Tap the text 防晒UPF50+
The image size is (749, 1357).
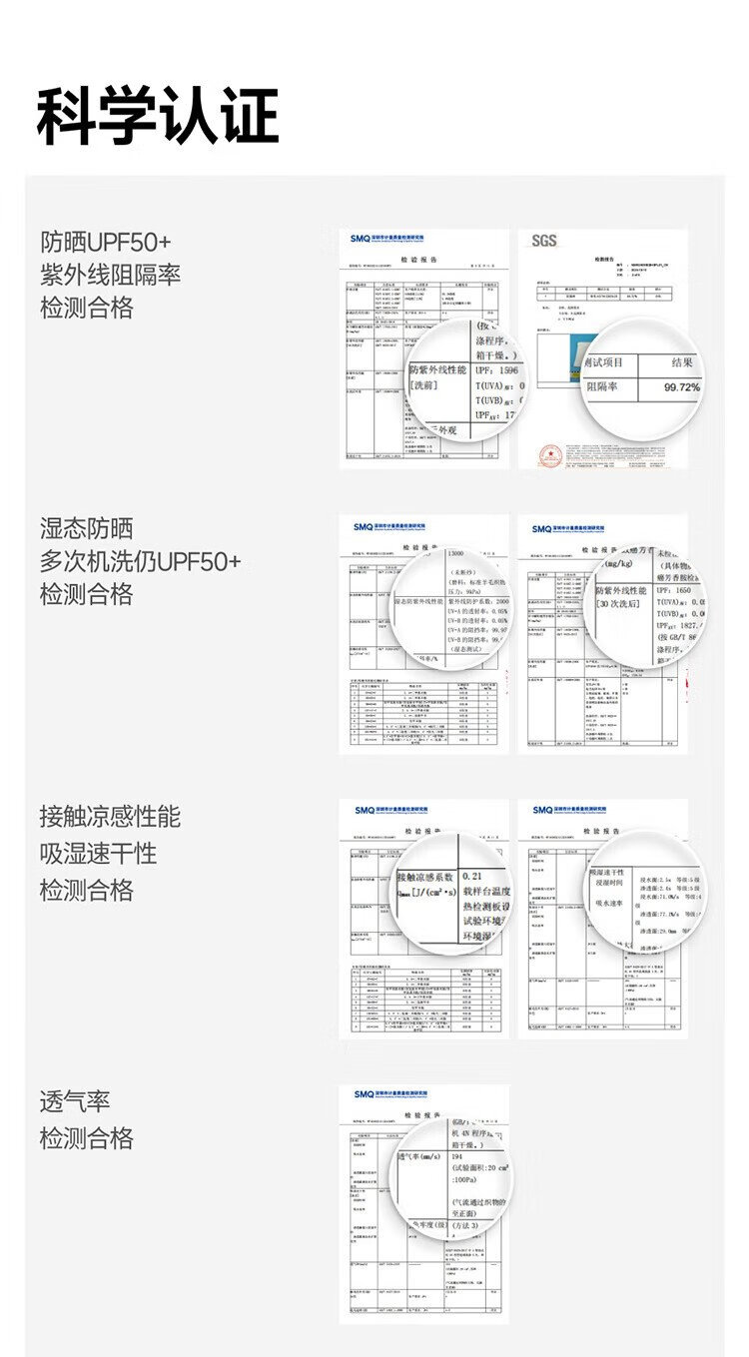pos(106,242)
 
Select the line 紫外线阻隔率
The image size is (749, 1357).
pos(110,275)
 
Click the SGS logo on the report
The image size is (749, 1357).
pos(544,241)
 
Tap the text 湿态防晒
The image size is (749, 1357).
pos(86,528)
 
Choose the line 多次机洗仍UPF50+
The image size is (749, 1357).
pos(140,561)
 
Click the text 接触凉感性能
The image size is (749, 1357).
pos(110,816)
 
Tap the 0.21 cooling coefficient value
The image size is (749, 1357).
pos(473,875)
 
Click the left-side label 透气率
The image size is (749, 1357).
pos(75,1102)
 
